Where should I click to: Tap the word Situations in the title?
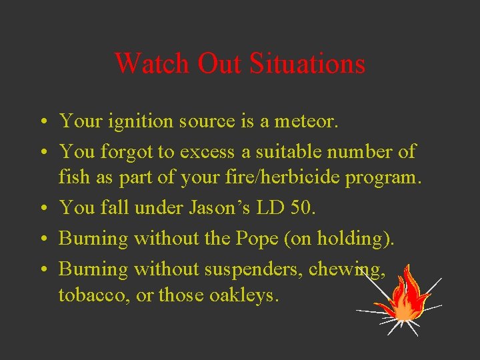coord(307,63)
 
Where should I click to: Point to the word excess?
coord(205,151)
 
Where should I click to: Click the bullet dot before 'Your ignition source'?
coord(42,122)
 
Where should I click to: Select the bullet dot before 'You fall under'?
coord(42,208)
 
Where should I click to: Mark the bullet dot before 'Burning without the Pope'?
coord(42,239)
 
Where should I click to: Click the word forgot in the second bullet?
coord(127,151)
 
